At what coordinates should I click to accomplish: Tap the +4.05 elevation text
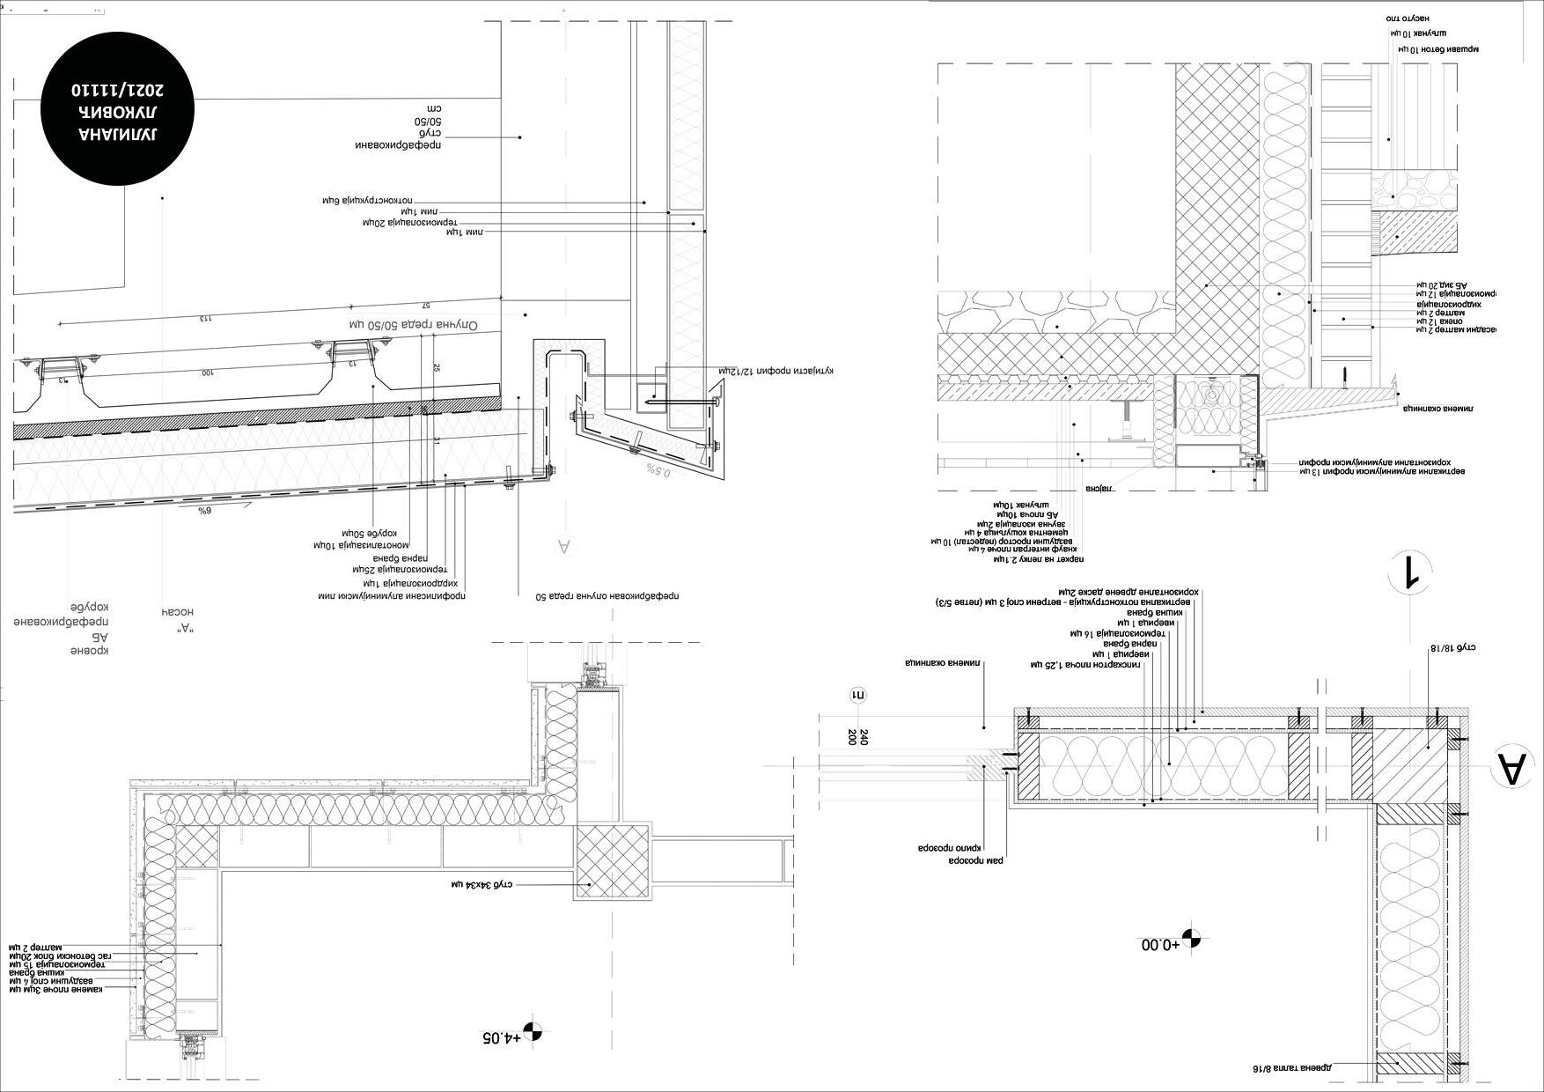500,1037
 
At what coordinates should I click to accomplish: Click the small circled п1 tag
857,696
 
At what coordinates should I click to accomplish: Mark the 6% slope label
204,511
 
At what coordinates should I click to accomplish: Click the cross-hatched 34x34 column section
613,862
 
